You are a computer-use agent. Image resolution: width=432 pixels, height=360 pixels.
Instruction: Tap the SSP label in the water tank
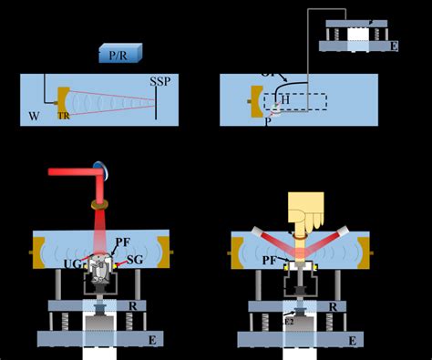[x=160, y=83]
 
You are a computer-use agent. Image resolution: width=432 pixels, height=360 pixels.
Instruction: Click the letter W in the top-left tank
[x=33, y=116]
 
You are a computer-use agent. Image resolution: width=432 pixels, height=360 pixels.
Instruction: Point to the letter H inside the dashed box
[x=284, y=98]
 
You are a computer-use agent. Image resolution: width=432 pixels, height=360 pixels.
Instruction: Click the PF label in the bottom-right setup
[x=271, y=261]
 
